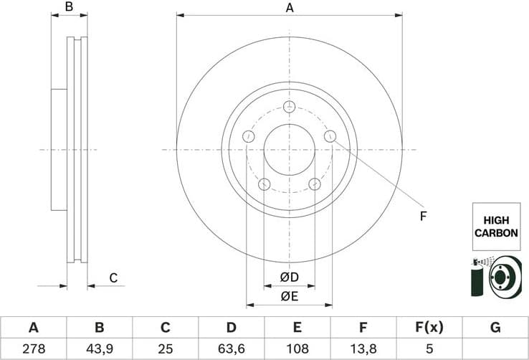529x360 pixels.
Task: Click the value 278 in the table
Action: pyautogui.click(x=33, y=349)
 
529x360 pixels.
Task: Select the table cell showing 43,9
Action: pyautogui.click(x=100, y=349)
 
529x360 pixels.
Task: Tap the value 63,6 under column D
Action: pyautogui.click(x=231, y=349)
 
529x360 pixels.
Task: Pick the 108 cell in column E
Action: pyautogui.click(x=297, y=349)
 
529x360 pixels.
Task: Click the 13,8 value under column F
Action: pyautogui.click(x=363, y=349)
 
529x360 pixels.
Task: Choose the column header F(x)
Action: pyautogui.click(x=429, y=328)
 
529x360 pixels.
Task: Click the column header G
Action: pyautogui.click(x=495, y=328)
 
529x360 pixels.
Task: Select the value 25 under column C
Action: pyautogui.click(x=165, y=349)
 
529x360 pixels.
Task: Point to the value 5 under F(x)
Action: pyautogui.click(x=429, y=349)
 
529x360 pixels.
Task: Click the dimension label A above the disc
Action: pyautogui.click(x=290, y=8)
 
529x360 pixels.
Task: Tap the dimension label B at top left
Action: pyautogui.click(x=70, y=7)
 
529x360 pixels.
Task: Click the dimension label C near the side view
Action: pyautogui.click(x=113, y=278)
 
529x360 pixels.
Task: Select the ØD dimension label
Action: pyautogui.click(x=289, y=278)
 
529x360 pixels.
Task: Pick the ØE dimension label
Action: pyautogui.click(x=289, y=296)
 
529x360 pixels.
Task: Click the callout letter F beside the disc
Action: pyautogui.click(x=423, y=215)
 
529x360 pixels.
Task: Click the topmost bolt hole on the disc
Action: pyautogui.click(x=290, y=107)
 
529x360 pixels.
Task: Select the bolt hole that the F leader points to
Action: pyautogui.click(x=330, y=136)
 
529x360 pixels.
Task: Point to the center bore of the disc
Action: pyautogui.click(x=290, y=149)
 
